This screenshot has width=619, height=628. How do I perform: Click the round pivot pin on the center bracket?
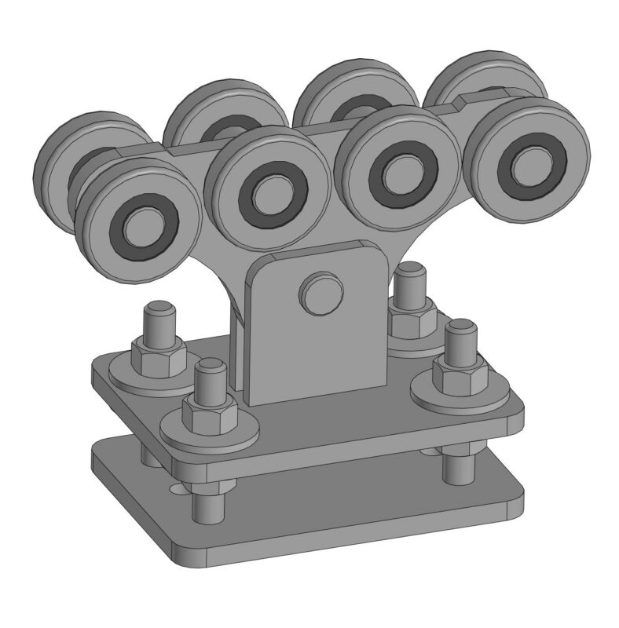click(x=320, y=294)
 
